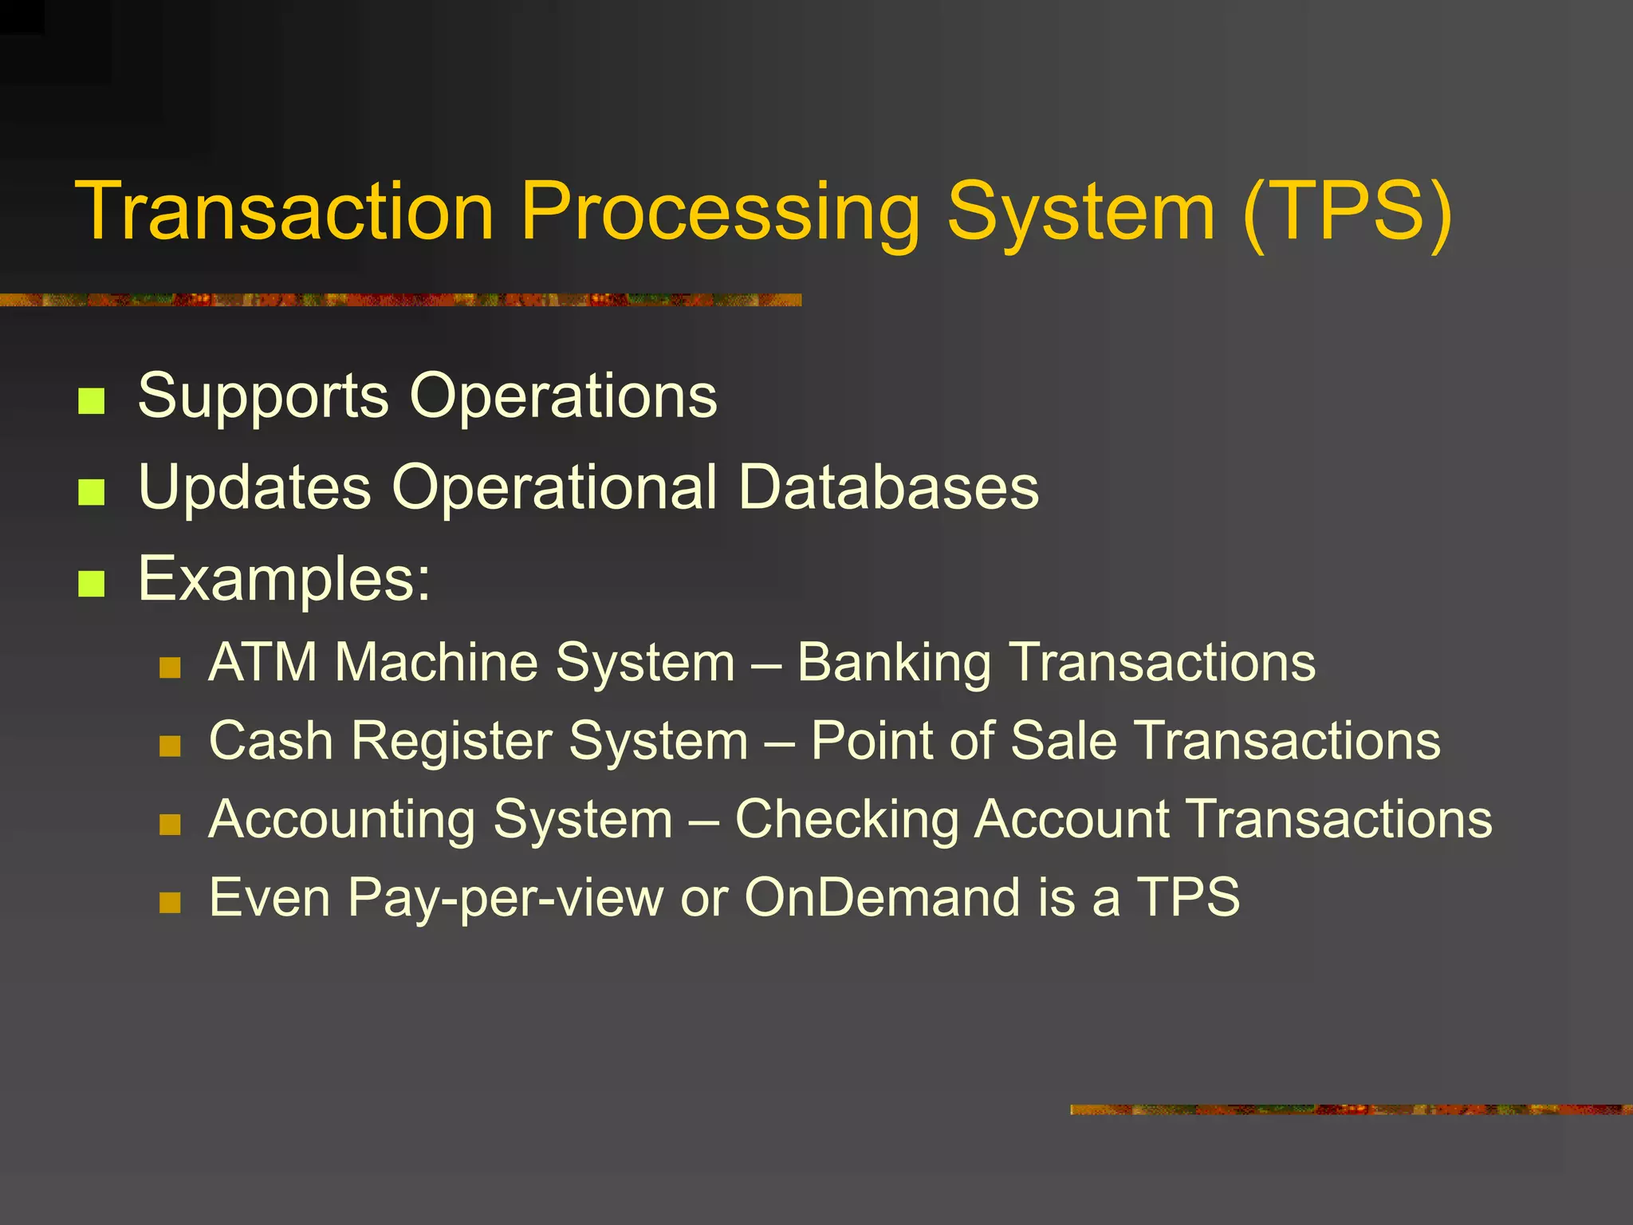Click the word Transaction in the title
pos(285,211)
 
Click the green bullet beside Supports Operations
pos(92,401)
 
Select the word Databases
pos(888,486)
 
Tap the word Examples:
pos(284,580)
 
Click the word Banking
pos(894,664)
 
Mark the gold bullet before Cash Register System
pos(170,746)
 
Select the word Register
pos(451,741)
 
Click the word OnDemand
pos(882,897)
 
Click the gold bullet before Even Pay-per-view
pos(170,903)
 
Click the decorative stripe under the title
pos(399,300)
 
